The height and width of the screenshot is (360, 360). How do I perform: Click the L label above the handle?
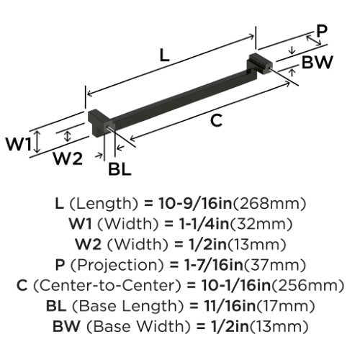[164, 55]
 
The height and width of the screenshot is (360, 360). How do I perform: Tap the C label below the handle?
[216, 120]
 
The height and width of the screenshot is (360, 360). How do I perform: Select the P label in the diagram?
[321, 31]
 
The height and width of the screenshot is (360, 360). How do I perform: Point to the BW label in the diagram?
[318, 62]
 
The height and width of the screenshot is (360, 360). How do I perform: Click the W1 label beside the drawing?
[19, 144]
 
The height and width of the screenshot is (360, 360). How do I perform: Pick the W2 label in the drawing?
[68, 158]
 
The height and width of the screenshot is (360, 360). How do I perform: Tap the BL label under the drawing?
[120, 169]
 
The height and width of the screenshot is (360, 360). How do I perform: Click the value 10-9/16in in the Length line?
[195, 204]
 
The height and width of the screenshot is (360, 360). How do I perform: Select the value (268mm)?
[269, 204]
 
